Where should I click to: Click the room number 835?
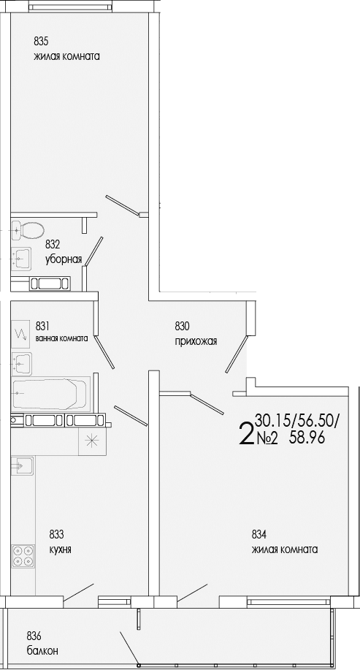point(42,41)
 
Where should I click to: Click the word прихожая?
point(196,341)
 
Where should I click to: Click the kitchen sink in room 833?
point(23,464)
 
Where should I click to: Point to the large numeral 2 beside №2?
point(246,433)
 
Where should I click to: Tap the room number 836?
point(34,635)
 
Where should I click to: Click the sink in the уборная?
point(23,257)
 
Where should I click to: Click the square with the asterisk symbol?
point(92,440)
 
